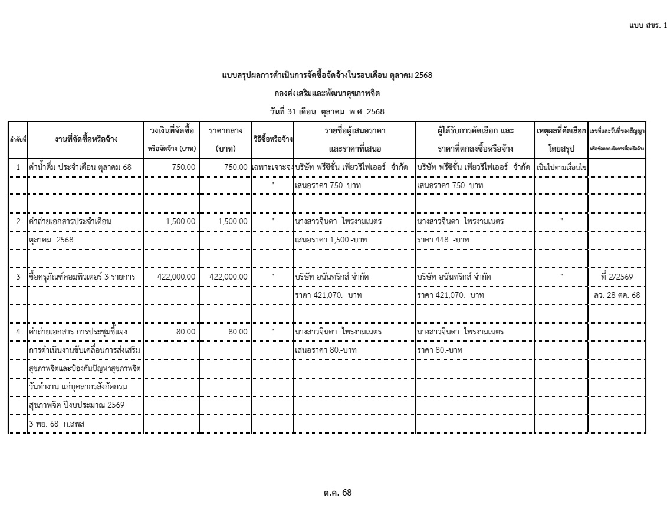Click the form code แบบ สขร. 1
tap(648, 26)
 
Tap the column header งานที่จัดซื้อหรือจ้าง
tap(85, 139)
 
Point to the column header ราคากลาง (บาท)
tap(226, 139)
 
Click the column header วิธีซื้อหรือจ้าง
tap(272, 139)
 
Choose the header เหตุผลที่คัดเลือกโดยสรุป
tap(561, 139)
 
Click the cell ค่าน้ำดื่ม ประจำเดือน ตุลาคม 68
tap(81, 168)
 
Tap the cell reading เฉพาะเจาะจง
tap(272, 168)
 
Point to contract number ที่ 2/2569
tap(617, 276)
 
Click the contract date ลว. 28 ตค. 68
tap(617, 294)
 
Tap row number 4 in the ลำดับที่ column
tap(18, 332)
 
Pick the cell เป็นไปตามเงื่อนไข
tap(561, 168)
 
